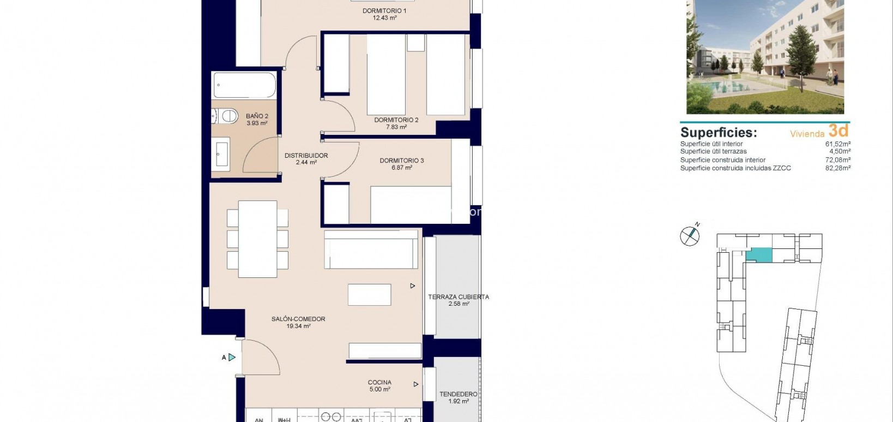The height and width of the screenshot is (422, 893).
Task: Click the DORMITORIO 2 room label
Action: click(396, 120)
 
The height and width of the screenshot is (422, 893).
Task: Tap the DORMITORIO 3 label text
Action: click(402, 161)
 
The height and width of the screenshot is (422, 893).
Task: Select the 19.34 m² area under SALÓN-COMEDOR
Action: click(298, 326)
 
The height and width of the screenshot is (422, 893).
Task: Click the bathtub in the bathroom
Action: click(245, 85)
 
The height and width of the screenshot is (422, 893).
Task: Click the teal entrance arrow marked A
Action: click(232, 358)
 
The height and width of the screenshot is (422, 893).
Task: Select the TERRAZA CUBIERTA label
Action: click(458, 297)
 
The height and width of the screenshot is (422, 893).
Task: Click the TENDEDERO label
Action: click(458, 394)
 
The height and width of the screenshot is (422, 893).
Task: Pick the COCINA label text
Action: click(379, 383)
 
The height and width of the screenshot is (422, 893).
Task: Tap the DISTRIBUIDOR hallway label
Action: click(306, 156)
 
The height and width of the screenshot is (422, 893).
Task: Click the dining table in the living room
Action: click(257, 239)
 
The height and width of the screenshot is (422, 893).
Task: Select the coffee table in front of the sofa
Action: click(370, 295)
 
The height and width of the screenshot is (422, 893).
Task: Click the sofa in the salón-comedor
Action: click(371, 249)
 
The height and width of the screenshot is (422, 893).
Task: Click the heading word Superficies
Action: click(719, 133)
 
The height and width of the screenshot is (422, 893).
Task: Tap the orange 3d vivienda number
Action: click(838, 130)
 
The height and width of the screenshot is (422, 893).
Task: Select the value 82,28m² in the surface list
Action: click(838, 168)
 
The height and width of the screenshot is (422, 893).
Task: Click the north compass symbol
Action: click(690, 235)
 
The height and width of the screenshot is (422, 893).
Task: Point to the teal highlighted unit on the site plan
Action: click(759, 254)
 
